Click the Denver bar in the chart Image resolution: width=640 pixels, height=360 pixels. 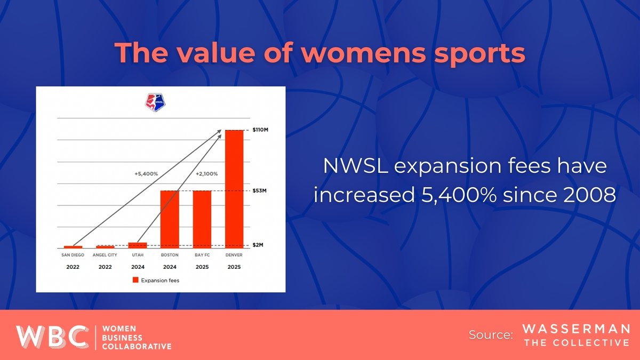tap(234, 189)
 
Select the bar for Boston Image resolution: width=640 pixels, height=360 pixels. tap(170, 219)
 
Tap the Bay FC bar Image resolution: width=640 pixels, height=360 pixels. tap(202, 219)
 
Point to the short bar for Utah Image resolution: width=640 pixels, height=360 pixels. tap(138, 245)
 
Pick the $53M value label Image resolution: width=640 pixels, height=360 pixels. tap(261, 191)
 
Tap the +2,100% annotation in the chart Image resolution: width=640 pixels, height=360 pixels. tap(206, 173)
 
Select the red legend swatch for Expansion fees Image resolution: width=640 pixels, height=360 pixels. tap(135, 279)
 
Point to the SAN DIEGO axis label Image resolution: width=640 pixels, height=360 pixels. tap(73, 255)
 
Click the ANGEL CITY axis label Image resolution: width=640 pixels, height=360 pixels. tap(105, 255)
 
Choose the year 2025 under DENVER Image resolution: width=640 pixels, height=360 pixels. tap(234, 266)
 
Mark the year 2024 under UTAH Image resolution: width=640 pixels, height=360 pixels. tap(137, 266)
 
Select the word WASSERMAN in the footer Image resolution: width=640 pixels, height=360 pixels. tap(577, 329)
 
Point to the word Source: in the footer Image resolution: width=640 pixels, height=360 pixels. tap(491, 335)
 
